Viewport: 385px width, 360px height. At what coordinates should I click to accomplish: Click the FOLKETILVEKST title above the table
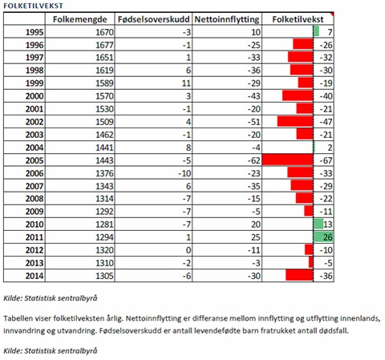tap(34, 6)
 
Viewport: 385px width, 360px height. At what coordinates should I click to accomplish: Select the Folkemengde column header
tap(79, 19)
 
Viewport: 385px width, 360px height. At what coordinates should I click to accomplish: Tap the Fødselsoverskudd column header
tap(153, 19)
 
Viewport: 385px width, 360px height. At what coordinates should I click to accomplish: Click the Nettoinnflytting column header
tap(227, 19)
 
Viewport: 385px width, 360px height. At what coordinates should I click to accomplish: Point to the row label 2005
tap(34, 160)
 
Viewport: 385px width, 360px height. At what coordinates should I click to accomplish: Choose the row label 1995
tap(34, 32)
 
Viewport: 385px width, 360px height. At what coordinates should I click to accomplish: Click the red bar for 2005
tap(288, 160)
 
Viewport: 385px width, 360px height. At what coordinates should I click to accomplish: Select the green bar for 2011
tap(323, 237)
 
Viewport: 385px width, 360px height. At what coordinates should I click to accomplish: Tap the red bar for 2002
tap(295, 122)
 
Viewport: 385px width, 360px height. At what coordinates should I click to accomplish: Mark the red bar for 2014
tap(299, 275)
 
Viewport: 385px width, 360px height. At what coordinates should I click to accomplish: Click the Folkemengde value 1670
tap(104, 32)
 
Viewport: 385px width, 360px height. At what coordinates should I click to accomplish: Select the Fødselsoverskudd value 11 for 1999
tap(186, 83)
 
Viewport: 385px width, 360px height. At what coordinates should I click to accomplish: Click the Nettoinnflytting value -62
tap(253, 160)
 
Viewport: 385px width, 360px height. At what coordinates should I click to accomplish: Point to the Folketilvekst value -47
tap(326, 122)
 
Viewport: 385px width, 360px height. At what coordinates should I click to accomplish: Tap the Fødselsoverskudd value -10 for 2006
tap(184, 173)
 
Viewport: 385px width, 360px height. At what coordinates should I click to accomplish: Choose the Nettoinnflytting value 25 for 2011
tap(256, 237)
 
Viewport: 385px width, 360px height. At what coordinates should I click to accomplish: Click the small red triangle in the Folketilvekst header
tap(332, 14)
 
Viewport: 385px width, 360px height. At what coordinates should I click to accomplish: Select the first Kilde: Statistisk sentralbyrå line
tap(51, 298)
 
